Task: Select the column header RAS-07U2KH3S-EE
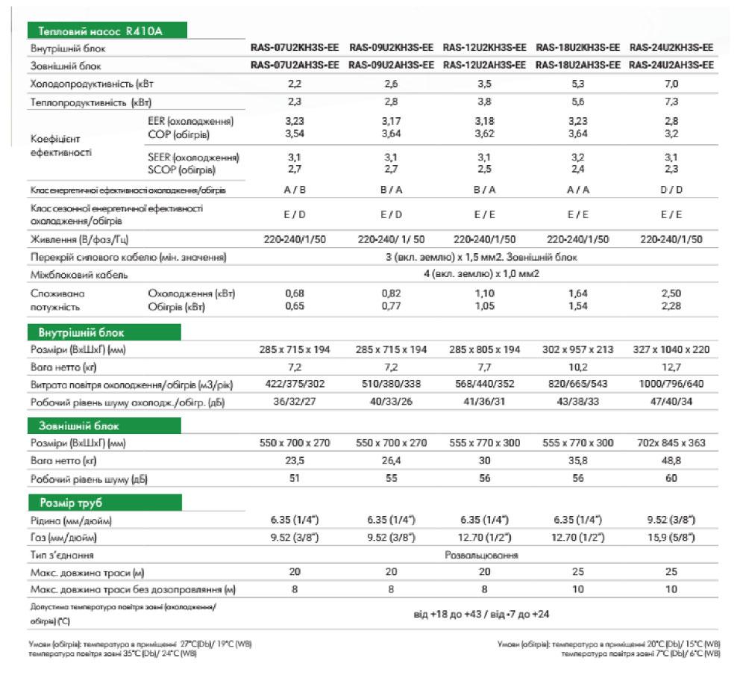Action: [x=296, y=48]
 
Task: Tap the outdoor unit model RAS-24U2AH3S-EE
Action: [x=671, y=66]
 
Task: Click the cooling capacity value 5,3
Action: [x=578, y=84]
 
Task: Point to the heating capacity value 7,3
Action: [x=671, y=102]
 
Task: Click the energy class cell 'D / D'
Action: [x=671, y=190]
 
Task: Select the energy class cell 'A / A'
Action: [x=578, y=190]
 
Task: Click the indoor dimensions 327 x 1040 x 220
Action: [x=671, y=349]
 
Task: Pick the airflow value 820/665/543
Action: [x=578, y=385]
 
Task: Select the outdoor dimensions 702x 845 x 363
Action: [x=671, y=443]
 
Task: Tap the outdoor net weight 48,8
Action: [x=671, y=461]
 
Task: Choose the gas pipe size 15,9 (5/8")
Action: [x=671, y=538]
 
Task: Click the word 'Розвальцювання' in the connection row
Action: [x=482, y=556]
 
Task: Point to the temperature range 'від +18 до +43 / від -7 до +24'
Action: [x=482, y=615]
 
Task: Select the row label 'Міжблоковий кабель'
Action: [x=78, y=275]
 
